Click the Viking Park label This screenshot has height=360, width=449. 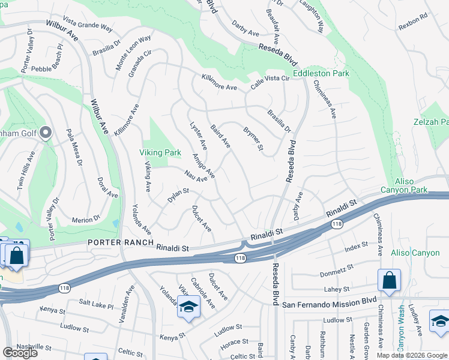pyautogui.click(x=160, y=153)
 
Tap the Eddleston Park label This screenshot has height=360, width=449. pyautogui.click(x=321, y=74)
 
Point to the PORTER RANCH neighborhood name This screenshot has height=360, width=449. pyautogui.click(x=119, y=242)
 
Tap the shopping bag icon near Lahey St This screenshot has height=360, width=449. pyautogui.click(x=389, y=280)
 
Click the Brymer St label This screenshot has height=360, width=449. pyautogui.click(x=253, y=139)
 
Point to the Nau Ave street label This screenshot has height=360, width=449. pyautogui.click(x=196, y=175)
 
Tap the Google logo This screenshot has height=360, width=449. pyautogui.click(x=20, y=353)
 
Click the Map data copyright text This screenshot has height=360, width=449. pyautogui.click(x=412, y=355)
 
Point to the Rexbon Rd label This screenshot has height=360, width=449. pyautogui.click(x=412, y=25)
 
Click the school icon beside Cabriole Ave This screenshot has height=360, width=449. pyautogui.click(x=188, y=307)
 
